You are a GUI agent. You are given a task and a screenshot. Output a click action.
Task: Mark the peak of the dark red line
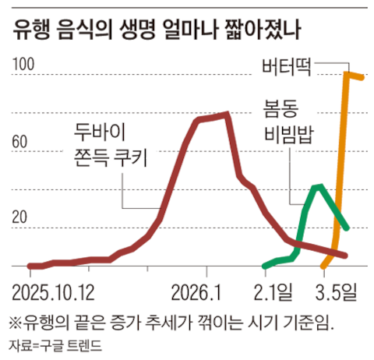point(226,115)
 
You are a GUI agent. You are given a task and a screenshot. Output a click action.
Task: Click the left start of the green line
point(265,265)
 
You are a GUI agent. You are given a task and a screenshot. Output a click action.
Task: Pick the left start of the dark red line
point(29,266)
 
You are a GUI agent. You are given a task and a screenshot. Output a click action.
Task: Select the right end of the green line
point(347,228)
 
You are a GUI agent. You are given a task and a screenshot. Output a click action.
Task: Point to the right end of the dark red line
point(345,255)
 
